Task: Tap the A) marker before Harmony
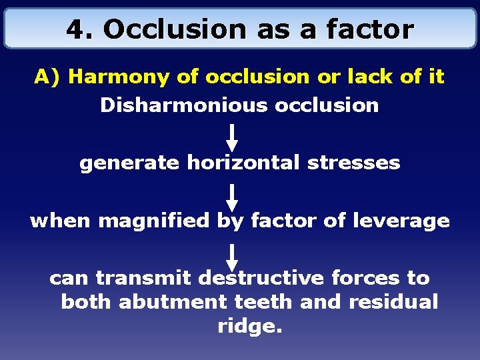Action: (48, 77)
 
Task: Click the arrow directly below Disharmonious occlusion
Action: (232, 136)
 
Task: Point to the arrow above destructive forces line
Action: (232, 257)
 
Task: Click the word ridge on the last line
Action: (249, 327)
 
